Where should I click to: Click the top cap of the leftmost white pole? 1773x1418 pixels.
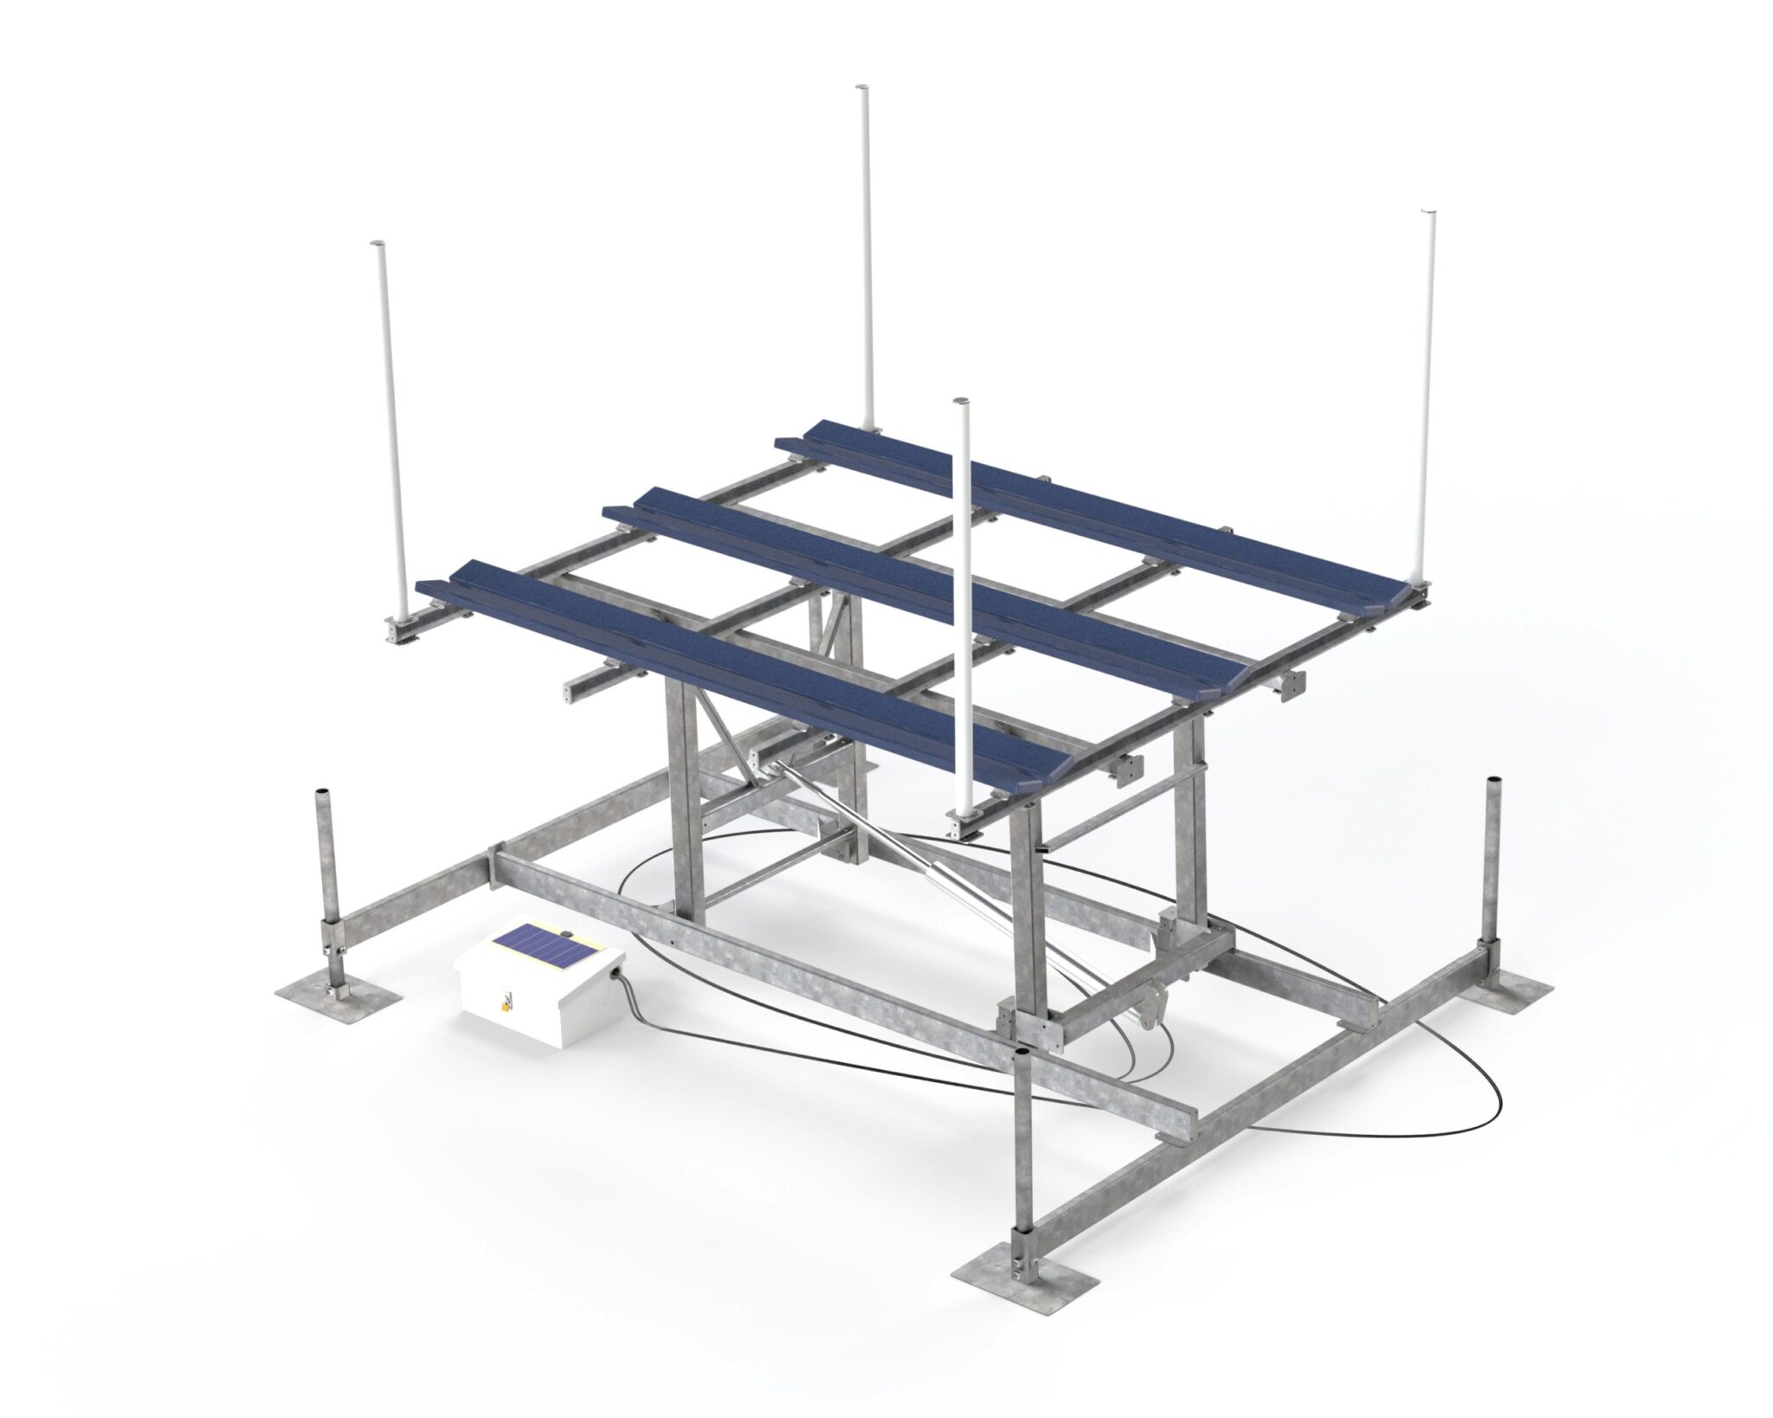pos(377,246)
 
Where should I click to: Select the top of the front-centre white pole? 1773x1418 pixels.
pos(958,402)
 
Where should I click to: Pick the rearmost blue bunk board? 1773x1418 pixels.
pos(1073,511)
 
